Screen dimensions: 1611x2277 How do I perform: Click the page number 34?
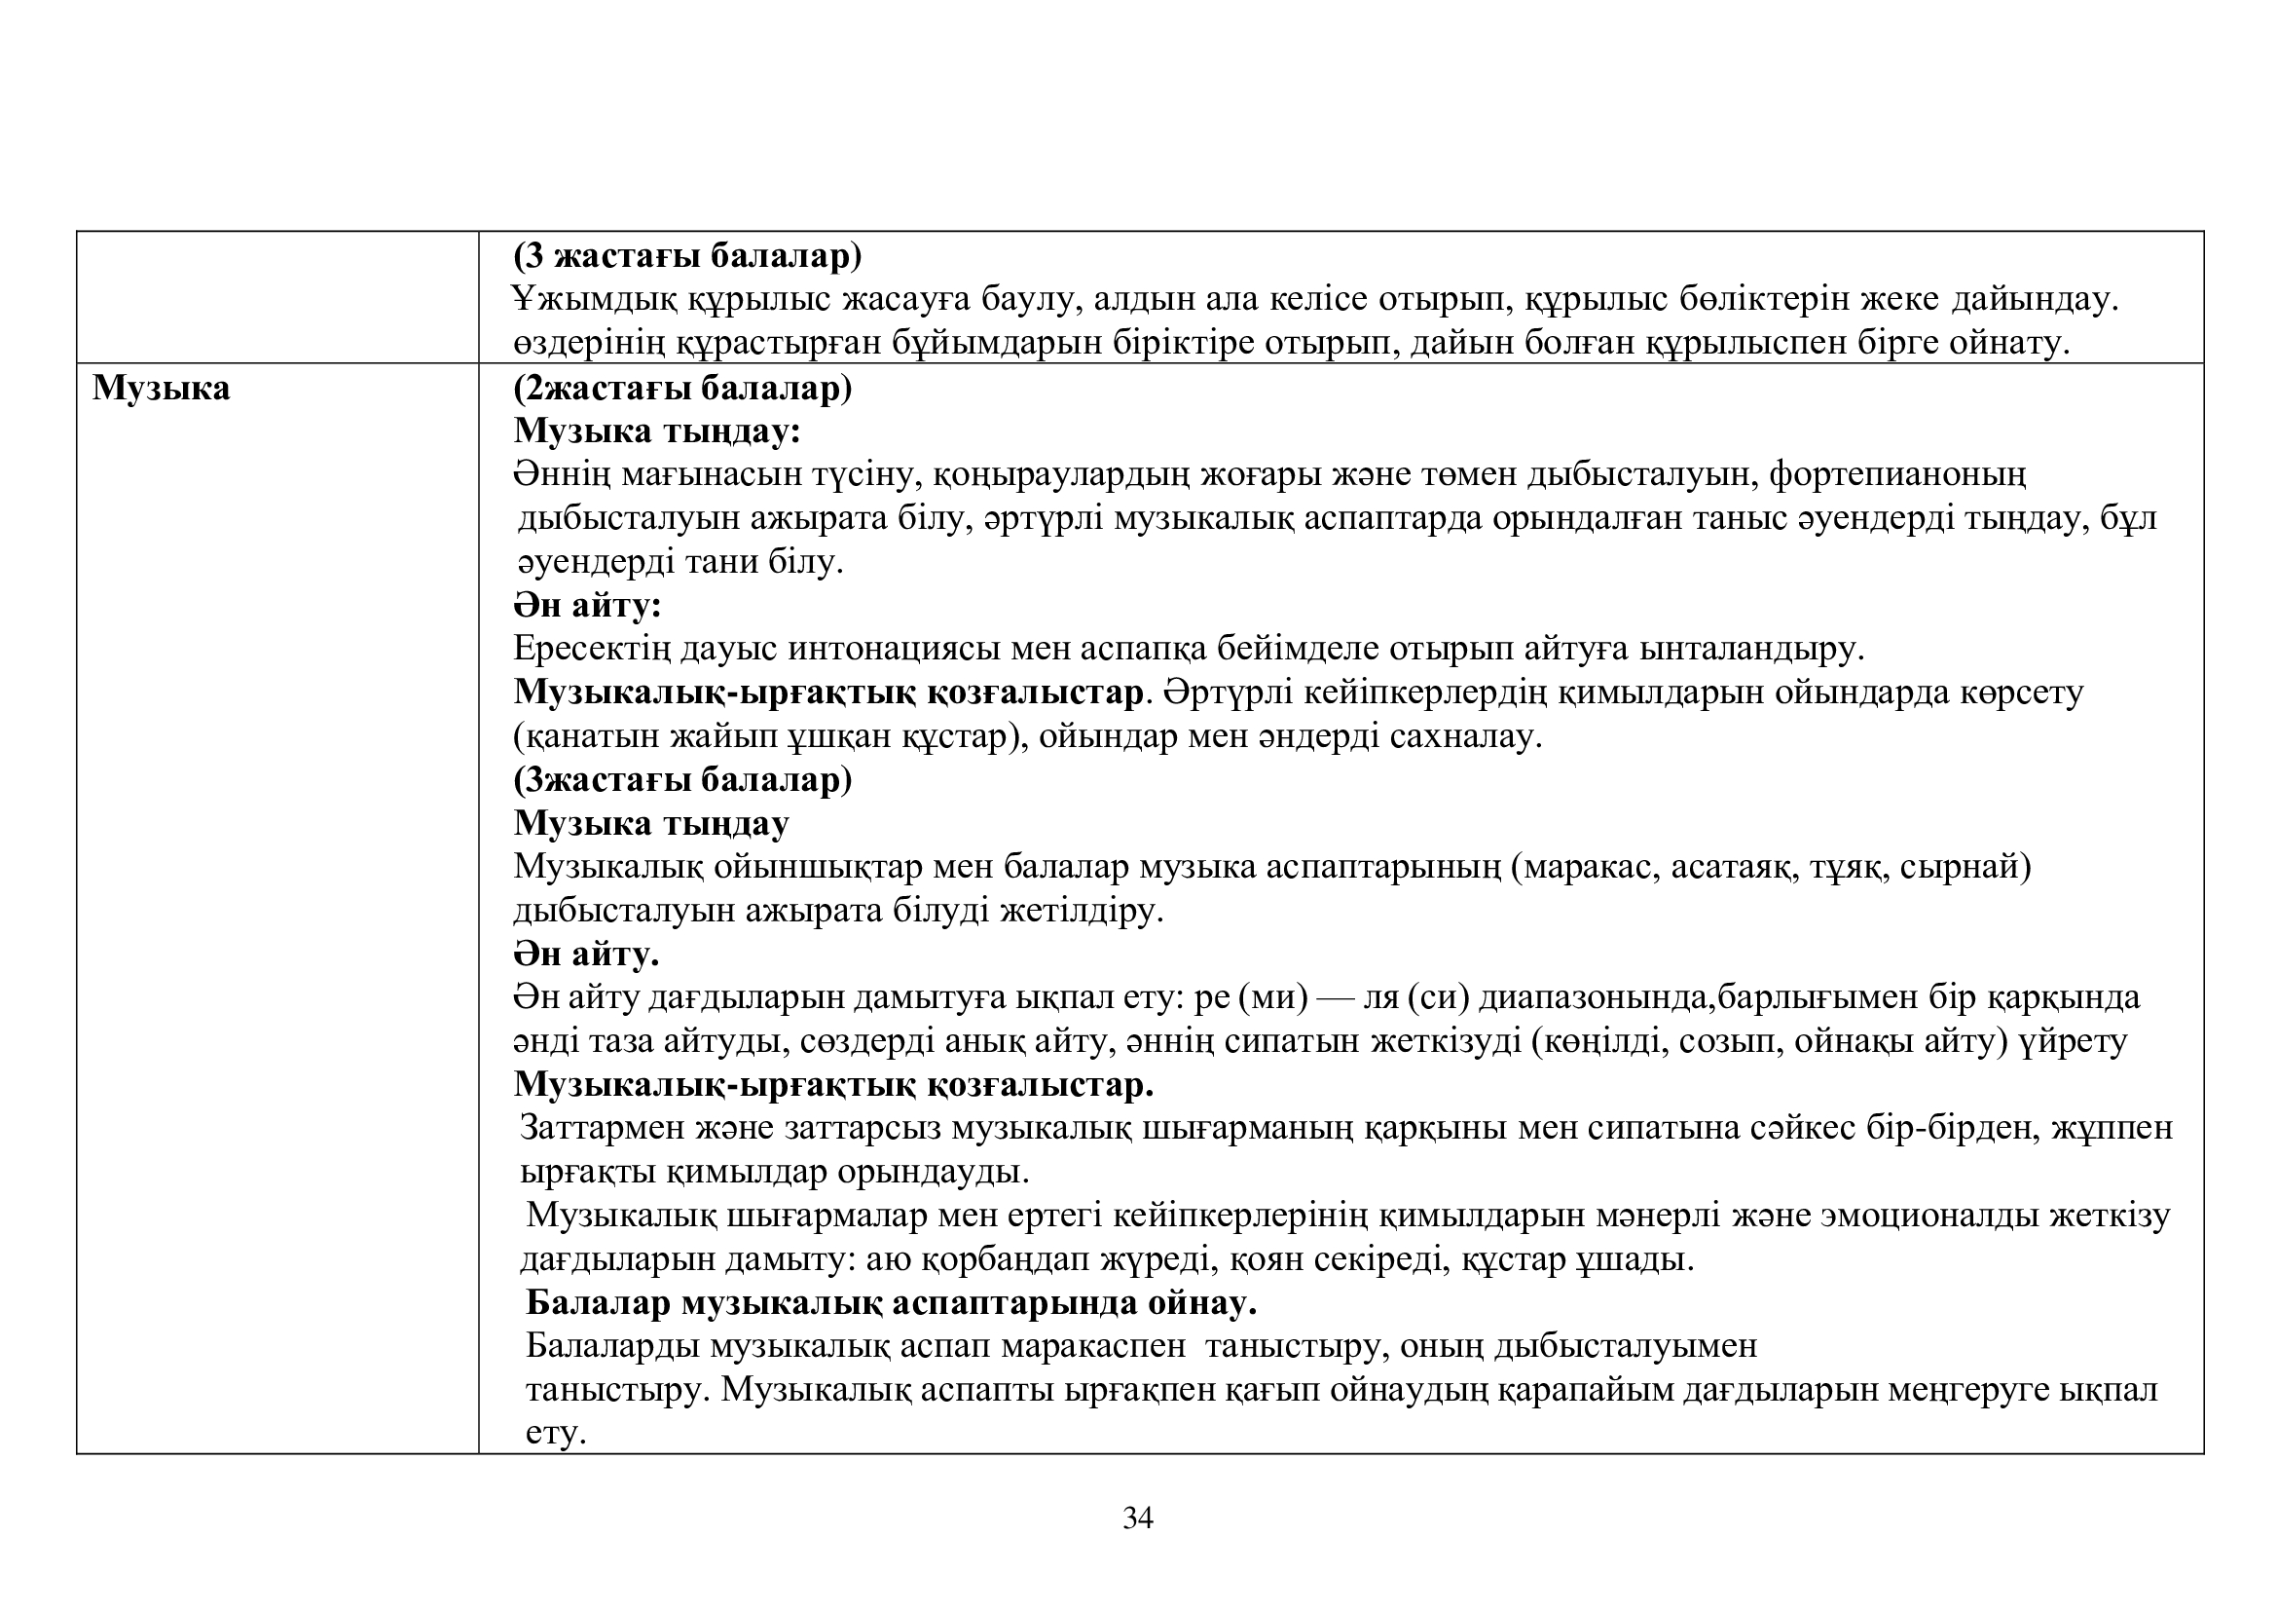[1137, 1517]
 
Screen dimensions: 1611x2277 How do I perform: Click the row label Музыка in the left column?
[161, 388]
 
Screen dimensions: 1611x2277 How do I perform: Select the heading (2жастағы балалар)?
[682, 388]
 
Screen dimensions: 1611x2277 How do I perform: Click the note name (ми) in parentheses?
[1273, 997]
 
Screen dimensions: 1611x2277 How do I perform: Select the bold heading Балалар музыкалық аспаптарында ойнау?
[891, 1302]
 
